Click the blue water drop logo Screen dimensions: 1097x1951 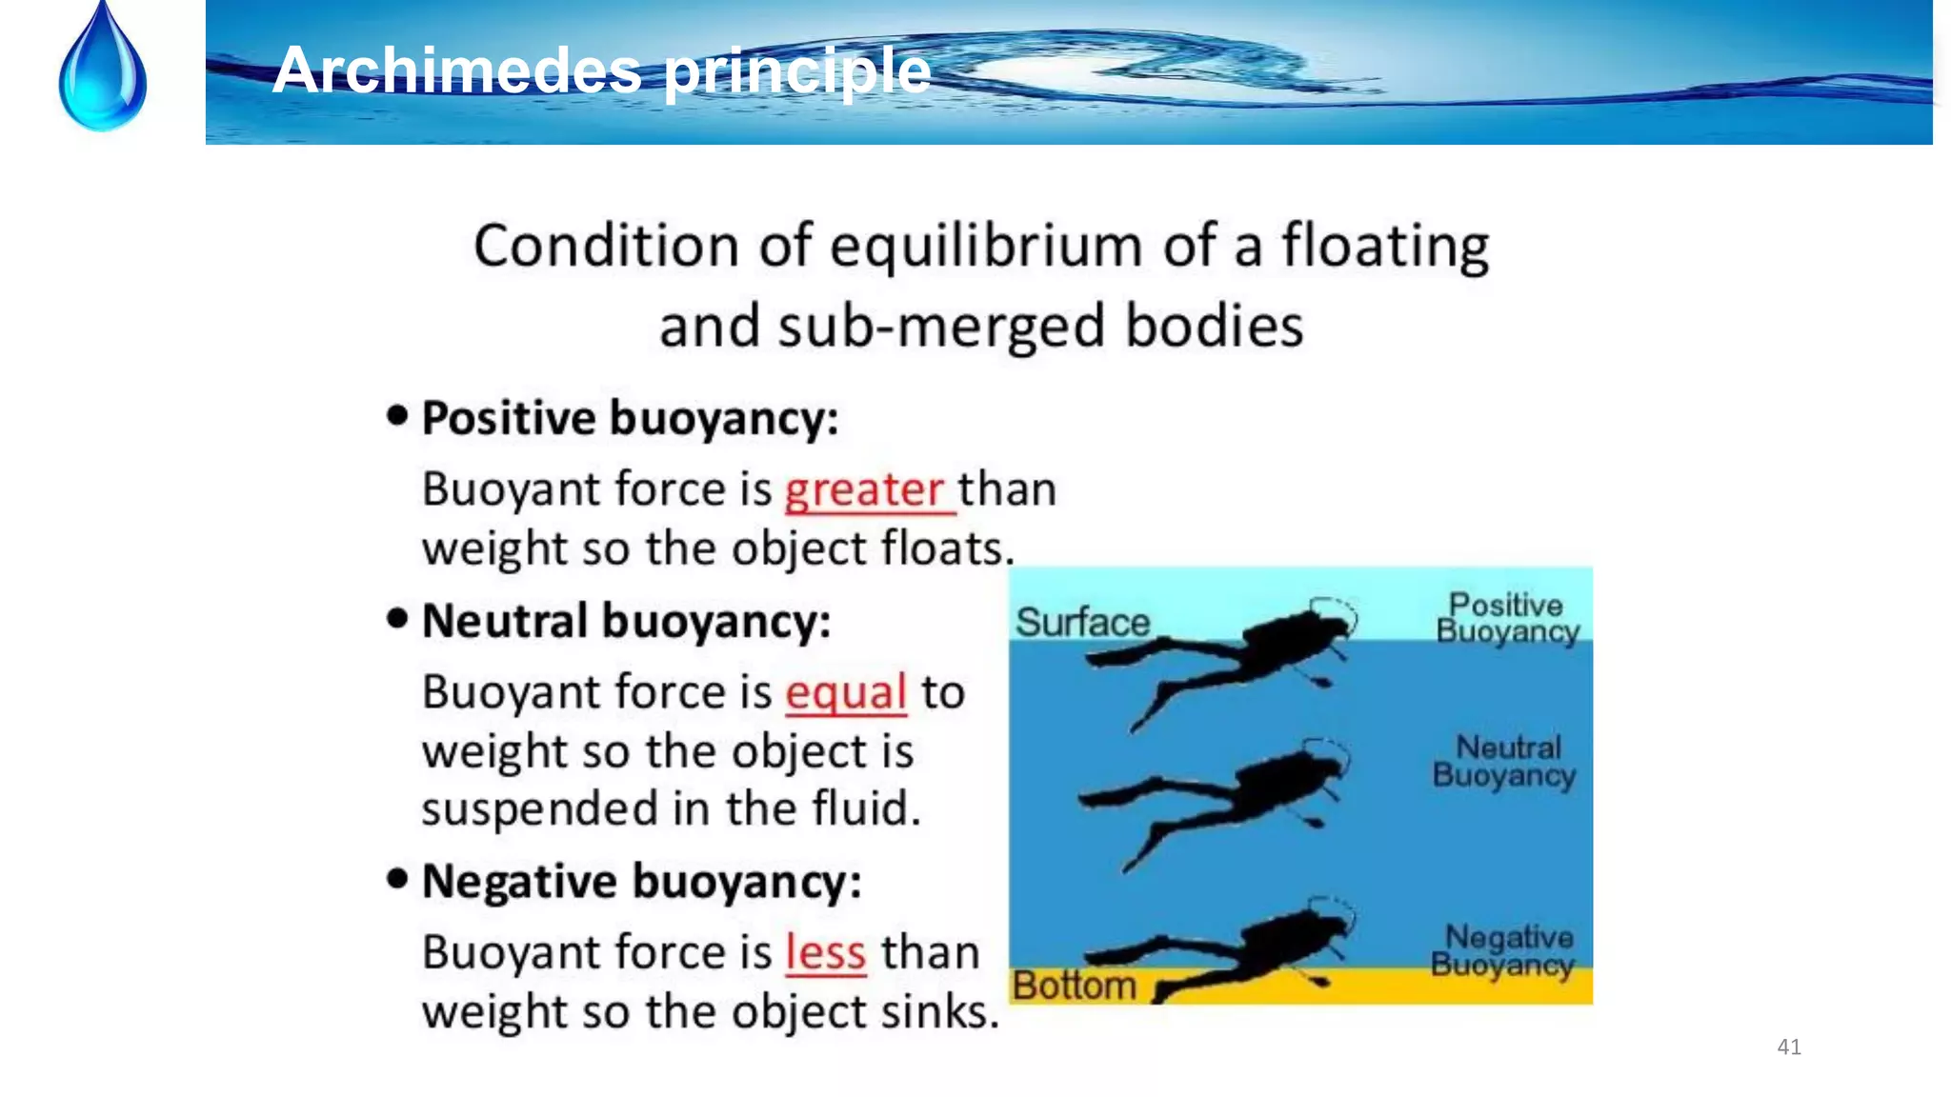[103, 71]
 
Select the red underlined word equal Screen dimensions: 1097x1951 [845, 692]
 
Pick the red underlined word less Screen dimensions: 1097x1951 [825, 952]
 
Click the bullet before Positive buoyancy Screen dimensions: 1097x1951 [397, 415]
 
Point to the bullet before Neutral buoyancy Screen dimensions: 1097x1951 [397, 619]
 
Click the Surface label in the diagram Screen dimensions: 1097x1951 [1082, 623]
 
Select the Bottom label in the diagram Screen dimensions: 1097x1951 [1074, 986]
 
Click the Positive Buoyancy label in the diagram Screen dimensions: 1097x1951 [1507, 618]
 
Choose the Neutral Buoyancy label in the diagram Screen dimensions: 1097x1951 [1505, 761]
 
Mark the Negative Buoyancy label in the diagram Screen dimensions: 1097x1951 [1503, 950]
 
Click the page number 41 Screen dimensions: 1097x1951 [1789, 1047]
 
